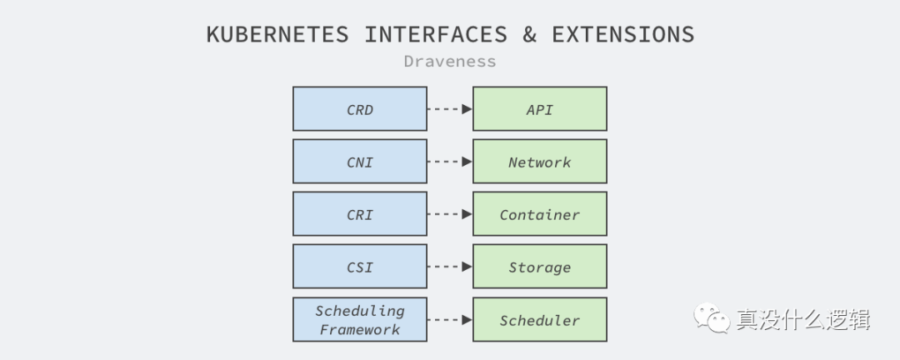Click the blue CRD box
(360, 109)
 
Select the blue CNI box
(360, 162)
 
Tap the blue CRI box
(360, 214)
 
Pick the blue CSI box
(360, 267)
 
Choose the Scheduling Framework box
(360, 320)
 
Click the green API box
(539, 109)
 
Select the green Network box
(539, 162)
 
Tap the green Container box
(539, 214)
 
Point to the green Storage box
(539, 267)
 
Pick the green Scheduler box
(539, 320)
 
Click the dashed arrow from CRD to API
(450, 109)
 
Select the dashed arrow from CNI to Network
(450, 162)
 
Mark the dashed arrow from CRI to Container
(450, 214)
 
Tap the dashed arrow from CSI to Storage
(450, 267)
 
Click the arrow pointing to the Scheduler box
(450, 320)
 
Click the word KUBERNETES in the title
(277, 35)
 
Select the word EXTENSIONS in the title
(622, 35)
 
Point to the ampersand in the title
(529, 35)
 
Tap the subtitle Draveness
(449, 62)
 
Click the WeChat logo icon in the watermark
(713, 317)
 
